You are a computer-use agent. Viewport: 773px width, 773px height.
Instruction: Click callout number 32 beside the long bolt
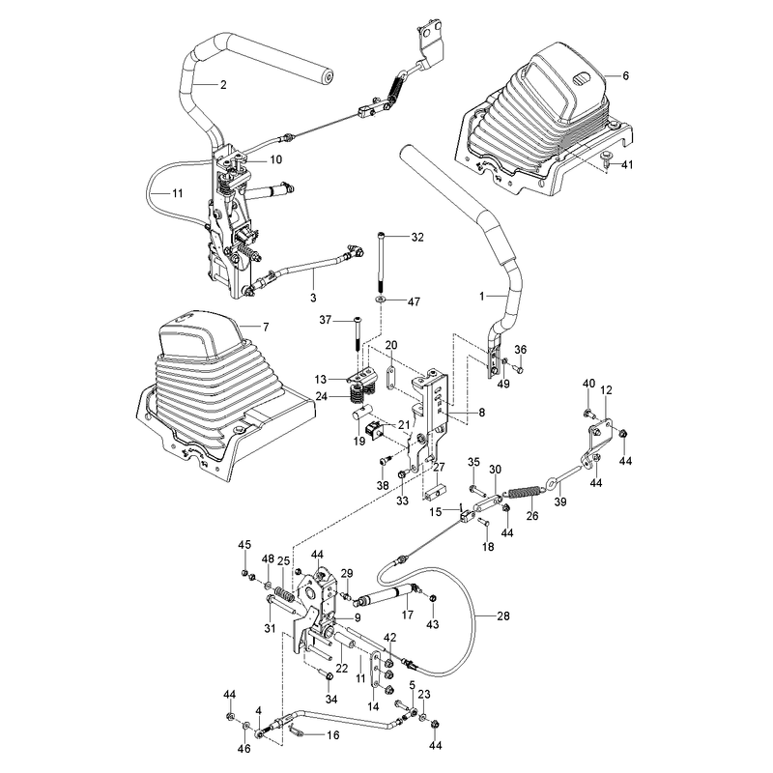[417, 237]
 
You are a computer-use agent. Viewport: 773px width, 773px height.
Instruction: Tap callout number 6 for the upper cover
[625, 75]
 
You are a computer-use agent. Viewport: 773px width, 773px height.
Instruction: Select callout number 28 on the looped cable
[502, 616]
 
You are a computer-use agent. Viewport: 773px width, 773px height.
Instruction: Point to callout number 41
[626, 164]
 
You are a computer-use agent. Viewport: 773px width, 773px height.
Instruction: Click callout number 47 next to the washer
[414, 301]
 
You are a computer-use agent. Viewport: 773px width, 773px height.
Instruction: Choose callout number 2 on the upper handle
[223, 85]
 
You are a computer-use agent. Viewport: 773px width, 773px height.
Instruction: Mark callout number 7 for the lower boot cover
[266, 327]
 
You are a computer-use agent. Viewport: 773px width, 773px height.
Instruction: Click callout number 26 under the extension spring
[532, 516]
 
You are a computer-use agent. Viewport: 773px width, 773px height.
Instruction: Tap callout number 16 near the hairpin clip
[333, 735]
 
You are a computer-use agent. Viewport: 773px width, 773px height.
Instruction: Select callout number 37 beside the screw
[326, 321]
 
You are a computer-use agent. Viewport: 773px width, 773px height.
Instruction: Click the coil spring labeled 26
[524, 493]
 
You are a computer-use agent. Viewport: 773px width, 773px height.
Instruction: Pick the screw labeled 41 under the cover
[608, 157]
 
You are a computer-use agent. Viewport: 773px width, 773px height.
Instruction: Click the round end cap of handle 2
[326, 75]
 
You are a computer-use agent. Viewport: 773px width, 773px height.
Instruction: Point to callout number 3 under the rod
[313, 298]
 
